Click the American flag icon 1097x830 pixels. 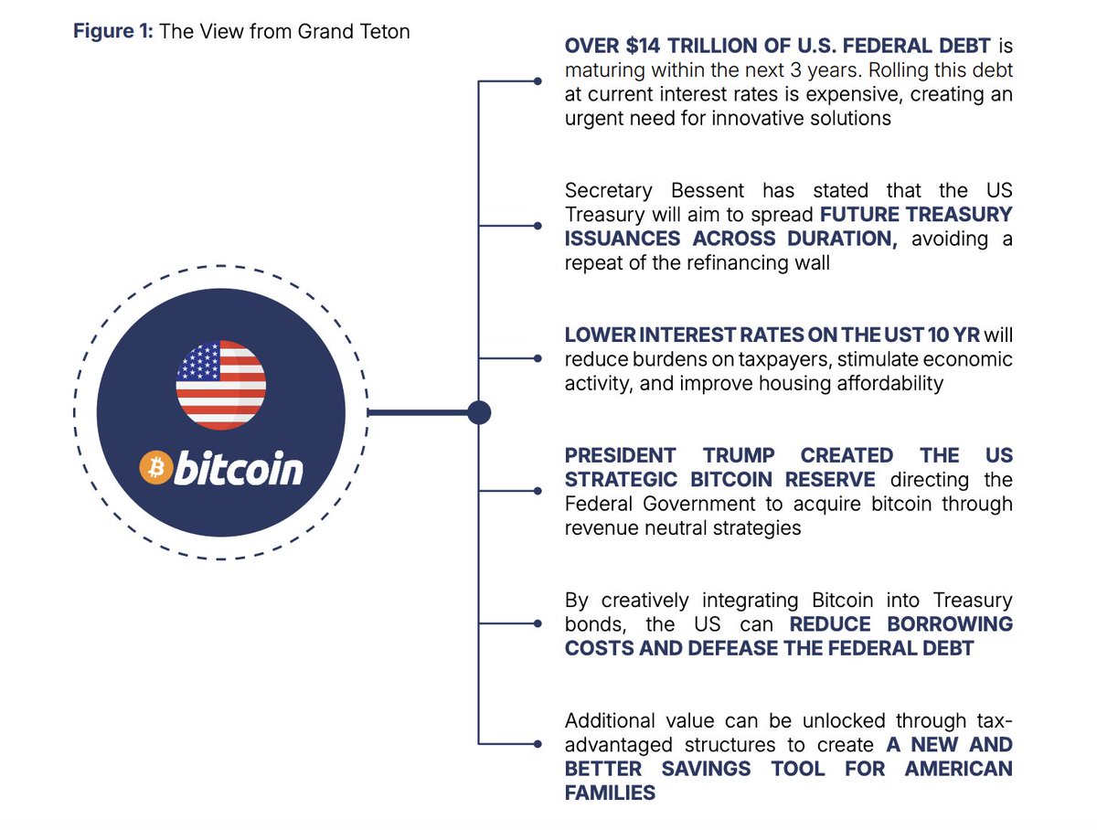tap(221, 385)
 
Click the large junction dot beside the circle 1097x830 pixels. tap(479, 413)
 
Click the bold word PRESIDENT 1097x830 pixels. tap(621, 455)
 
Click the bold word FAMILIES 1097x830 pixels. tap(610, 793)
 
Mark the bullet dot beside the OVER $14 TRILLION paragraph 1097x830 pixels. tap(538, 81)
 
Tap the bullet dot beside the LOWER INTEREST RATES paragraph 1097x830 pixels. tap(538, 358)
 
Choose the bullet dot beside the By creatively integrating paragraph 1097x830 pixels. tap(538, 623)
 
